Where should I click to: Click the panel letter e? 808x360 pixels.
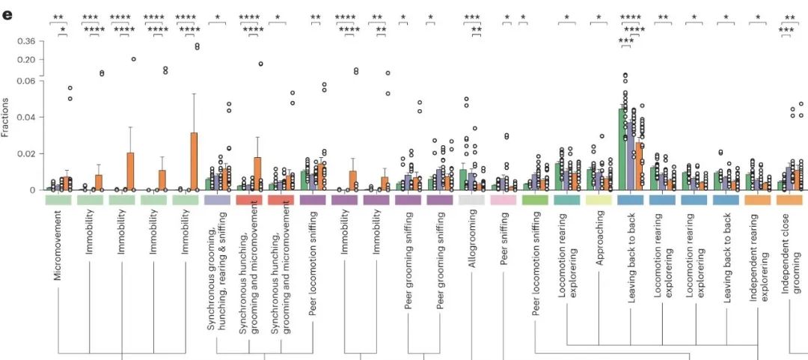coord(8,15)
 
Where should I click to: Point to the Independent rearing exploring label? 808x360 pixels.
coord(759,257)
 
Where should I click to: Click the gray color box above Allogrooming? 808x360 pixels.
coord(471,201)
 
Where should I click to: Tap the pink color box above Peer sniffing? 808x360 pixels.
coord(504,201)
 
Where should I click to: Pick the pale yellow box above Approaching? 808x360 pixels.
coord(599,201)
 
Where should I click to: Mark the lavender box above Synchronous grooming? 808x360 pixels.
coord(217,201)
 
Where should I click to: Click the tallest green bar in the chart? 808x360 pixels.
coord(622,150)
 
